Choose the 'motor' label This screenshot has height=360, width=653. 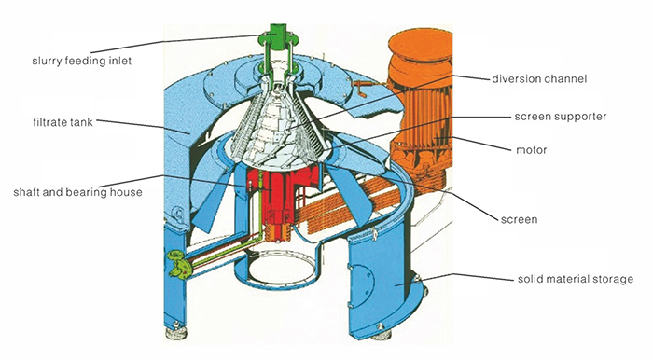532,149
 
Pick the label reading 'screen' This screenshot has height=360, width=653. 534,219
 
